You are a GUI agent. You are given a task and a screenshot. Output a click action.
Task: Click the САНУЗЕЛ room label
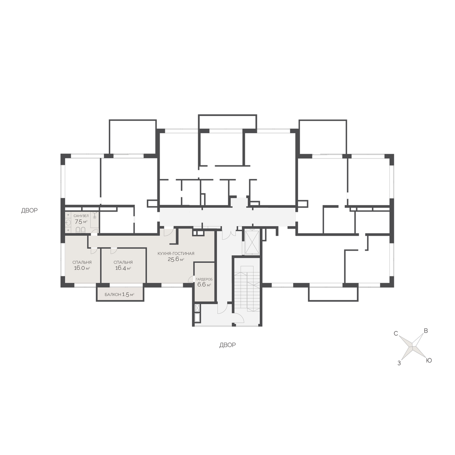(81, 216)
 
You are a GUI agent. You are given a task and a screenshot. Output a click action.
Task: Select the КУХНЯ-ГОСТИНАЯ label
(176, 254)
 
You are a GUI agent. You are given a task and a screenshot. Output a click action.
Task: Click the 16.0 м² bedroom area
(82, 268)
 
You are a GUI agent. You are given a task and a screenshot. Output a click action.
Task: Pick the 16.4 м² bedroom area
(123, 268)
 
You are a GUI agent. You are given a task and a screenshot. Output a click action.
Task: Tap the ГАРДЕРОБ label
(204, 279)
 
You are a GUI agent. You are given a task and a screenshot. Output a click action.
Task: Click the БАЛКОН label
(113, 295)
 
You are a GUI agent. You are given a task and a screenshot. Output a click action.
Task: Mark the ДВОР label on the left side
(30, 210)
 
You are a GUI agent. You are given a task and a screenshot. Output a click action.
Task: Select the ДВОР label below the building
(227, 345)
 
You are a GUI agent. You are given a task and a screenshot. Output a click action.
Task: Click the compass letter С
(396, 334)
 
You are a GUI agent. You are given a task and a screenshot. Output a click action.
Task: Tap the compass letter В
(426, 331)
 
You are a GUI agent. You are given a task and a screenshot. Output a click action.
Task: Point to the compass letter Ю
(429, 361)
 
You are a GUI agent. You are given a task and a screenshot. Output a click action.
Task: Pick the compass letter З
(399, 363)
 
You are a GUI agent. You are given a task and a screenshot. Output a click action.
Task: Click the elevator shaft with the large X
(252, 242)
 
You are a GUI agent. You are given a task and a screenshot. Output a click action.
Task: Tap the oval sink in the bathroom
(69, 222)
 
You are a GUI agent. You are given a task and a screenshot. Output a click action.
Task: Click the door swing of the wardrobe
(191, 279)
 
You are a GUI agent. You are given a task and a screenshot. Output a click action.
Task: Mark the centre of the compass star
(413, 347)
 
